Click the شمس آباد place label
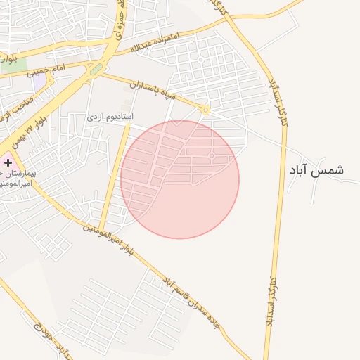(x=316, y=170)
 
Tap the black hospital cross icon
(x=8, y=162)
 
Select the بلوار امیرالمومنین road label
(x=105, y=236)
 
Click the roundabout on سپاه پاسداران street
(x=205, y=110)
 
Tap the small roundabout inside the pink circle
(x=212, y=155)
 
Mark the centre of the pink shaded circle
(x=180, y=179)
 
